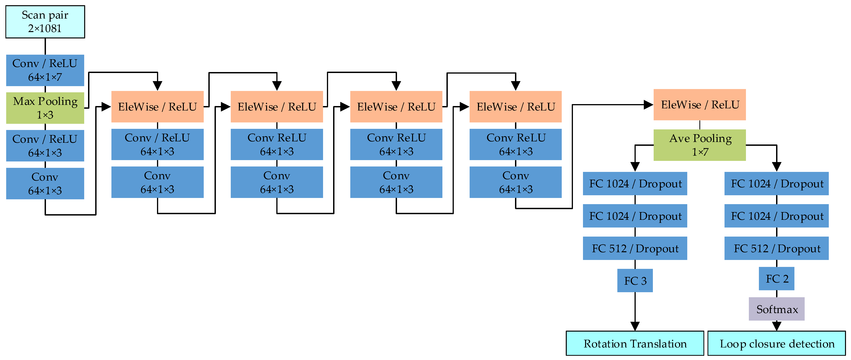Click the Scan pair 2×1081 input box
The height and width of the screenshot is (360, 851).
click(45, 22)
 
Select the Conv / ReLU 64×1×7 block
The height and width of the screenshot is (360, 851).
click(45, 70)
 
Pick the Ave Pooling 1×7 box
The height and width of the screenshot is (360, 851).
click(699, 145)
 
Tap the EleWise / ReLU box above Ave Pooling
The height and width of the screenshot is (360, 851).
click(699, 105)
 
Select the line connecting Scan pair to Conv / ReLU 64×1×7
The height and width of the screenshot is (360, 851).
click(45, 46)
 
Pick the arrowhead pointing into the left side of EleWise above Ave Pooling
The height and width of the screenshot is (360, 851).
click(648, 105)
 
